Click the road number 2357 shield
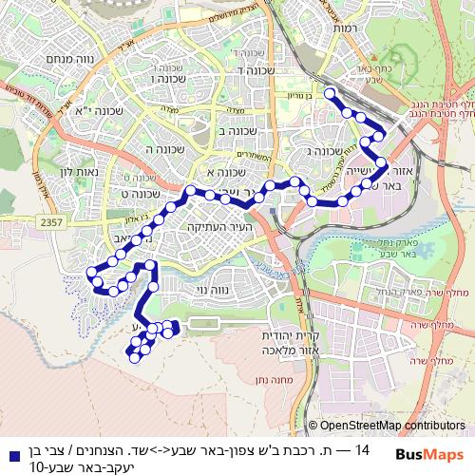(x=53, y=220)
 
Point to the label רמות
(x=345, y=29)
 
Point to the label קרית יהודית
(x=294, y=336)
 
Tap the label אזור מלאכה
(x=293, y=351)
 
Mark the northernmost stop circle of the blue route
(x=331, y=93)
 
